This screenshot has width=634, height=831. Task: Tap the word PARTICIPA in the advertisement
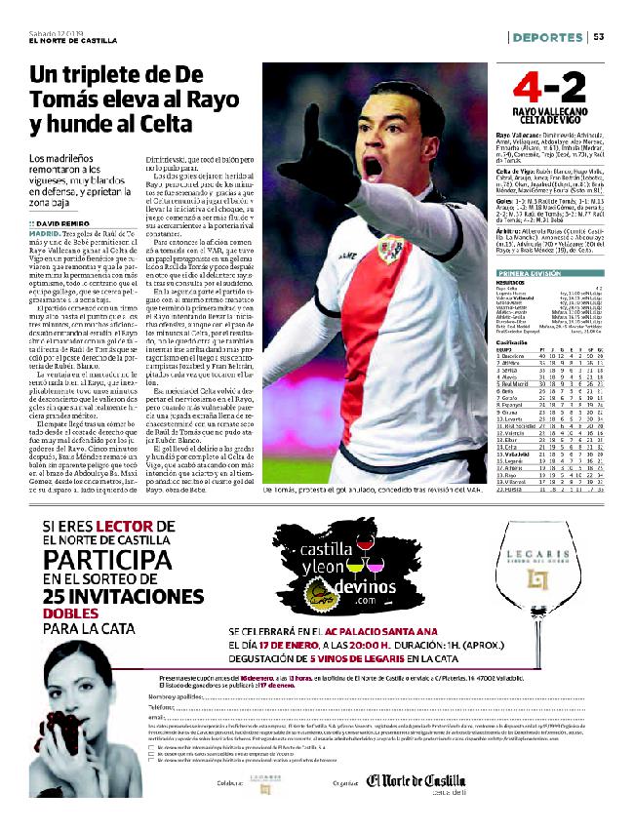pyautogui.click(x=104, y=560)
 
